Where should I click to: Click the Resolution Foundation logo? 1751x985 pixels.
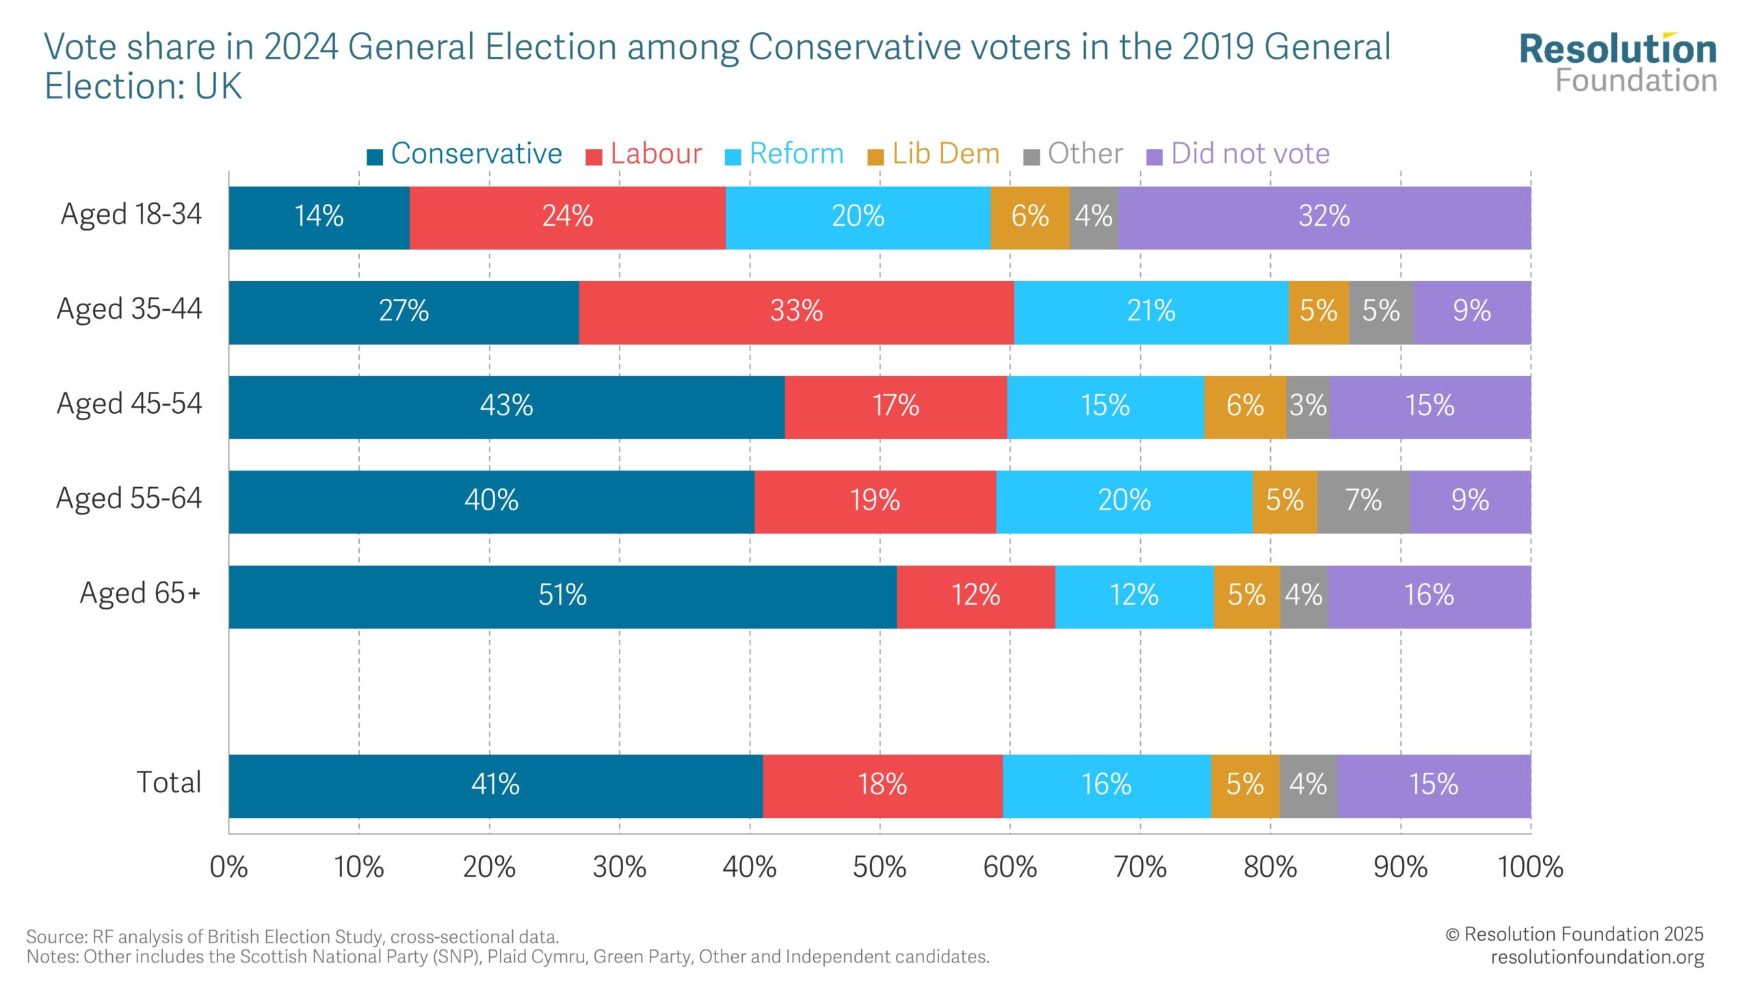coord(1618,63)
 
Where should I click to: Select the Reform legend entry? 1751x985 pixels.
coord(785,154)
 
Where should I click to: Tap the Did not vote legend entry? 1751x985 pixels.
coord(1238,154)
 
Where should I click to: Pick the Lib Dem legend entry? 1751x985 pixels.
coord(934,154)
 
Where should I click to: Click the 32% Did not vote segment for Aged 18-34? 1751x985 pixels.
coord(1324,218)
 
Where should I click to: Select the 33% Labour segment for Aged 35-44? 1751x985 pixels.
coord(796,312)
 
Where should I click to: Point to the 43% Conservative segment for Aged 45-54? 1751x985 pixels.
coord(506,406)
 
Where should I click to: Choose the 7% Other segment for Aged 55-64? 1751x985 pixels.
coord(1363,501)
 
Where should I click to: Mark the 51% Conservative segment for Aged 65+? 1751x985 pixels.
coord(562,596)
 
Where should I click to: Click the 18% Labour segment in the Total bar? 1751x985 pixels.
coord(882,785)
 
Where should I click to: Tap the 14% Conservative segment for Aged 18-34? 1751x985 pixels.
coord(319,218)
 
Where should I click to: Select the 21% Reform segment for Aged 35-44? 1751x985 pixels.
coord(1151,312)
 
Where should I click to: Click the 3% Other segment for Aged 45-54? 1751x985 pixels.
coord(1308,406)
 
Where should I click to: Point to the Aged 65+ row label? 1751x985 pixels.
coord(140,593)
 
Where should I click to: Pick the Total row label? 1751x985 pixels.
coord(168,783)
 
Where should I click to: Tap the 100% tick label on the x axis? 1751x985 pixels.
coord(1530,867)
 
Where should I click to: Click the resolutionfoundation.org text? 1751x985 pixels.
coord(1597,957)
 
